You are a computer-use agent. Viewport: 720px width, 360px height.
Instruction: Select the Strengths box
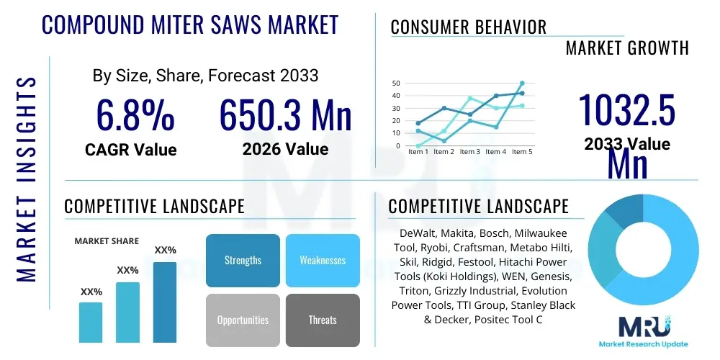point(243,260)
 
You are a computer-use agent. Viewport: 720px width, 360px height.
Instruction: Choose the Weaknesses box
point(323,260)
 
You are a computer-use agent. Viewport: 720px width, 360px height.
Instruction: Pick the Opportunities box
point(243,320)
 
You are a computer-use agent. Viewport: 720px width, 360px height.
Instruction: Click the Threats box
point(323,320)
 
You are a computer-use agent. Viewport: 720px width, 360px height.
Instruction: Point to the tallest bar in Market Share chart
point(165,302)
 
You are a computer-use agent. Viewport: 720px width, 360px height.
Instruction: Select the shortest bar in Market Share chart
point(91,322)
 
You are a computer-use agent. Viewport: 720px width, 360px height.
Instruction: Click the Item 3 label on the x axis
point(469,152)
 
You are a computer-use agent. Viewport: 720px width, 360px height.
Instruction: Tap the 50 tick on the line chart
point(396,84)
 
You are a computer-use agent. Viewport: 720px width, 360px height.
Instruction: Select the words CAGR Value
point(131,150)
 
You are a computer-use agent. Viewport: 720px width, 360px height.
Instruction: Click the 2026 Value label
point(285,150)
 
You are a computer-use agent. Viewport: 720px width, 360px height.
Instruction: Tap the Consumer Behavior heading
point(468,27)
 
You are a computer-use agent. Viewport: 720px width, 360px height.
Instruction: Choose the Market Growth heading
point(627,48)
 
